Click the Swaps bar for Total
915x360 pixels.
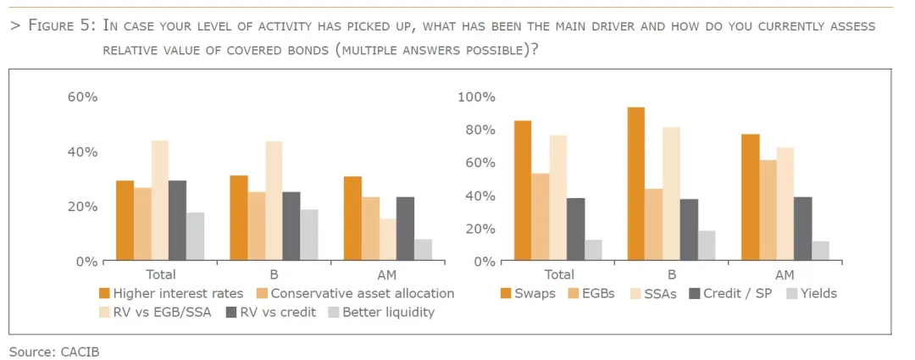[523, 191]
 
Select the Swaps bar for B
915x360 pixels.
[635, 184]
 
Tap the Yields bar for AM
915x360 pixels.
[819, 251]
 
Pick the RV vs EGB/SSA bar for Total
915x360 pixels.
[160, 201]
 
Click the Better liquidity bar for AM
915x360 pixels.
[423, 250]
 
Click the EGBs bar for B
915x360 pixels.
[653, 224]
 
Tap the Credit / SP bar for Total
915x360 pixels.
[576, 230]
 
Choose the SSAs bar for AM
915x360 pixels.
[785, 204]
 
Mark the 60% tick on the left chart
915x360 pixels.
[83, 97]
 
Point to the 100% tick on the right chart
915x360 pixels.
[476, 97]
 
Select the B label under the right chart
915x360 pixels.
[671, 274]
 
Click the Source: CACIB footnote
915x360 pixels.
[54, 350]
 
